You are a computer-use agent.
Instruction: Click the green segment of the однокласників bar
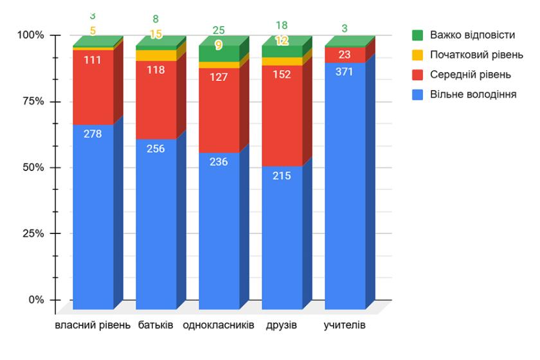tap(219, 53)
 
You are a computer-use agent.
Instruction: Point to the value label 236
tap(219, 161)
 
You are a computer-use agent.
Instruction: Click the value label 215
tap(282, 175)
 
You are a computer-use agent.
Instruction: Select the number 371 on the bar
tap(345, 71)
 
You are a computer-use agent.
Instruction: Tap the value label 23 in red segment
tap(345, 55)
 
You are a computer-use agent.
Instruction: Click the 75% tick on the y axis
tap(30, 102)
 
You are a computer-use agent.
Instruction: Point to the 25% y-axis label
tap(30, 233)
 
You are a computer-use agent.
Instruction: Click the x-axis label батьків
tap(156, 325)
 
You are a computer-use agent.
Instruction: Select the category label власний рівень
tap(93, 325)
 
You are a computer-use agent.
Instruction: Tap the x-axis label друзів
tap(282, 325)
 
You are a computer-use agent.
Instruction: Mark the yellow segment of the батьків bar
tap(156, 55)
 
